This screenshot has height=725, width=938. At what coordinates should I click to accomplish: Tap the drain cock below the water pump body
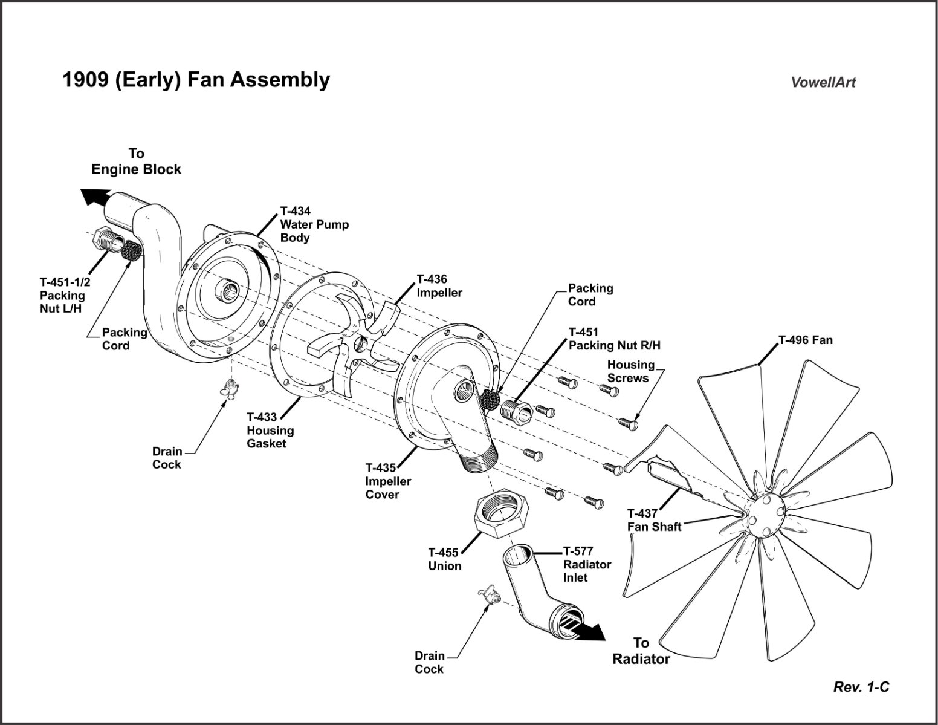tap(230, 388)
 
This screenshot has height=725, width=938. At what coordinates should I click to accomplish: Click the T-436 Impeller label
tap(439, 286)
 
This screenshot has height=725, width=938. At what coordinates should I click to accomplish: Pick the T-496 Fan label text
tap(805, 340)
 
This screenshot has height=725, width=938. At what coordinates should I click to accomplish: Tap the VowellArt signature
tap(823, 83)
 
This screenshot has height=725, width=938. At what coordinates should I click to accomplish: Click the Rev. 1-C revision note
tap(861, 687)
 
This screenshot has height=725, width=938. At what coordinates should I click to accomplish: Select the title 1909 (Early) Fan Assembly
tap(196, 80)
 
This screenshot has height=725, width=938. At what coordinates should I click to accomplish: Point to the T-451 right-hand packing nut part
tap(516, 412)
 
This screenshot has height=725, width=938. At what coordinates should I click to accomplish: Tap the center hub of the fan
tap(764, 515)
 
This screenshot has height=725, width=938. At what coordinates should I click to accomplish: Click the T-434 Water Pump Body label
tap(314, 224)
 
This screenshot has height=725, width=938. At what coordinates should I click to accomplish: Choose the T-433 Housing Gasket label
tap(270, 430)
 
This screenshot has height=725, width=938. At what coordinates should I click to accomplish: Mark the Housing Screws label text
tap(630, 371)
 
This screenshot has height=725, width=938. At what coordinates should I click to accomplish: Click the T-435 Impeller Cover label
tap(388, 481)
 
